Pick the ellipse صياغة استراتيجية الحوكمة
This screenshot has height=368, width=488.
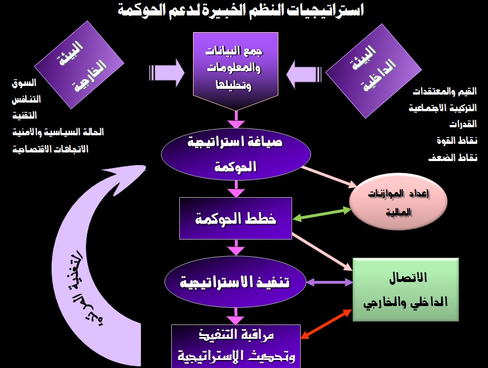pyautogui.click(x=236, y=155)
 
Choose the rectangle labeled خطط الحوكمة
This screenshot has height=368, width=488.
pyautogui.click(x=236, y=218)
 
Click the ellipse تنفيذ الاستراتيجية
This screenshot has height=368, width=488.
pyautogui.click(x=236, y=283)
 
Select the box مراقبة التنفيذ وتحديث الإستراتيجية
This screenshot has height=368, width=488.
pyautogui.click(x=236, y=346)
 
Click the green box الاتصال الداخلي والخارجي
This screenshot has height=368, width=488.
pyautogui.click(x=406, y=289)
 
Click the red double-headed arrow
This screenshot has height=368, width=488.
pyautogui.click(x=327, y=326)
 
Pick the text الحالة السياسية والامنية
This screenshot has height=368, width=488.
pyautogui.click(x=57, y=132)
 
